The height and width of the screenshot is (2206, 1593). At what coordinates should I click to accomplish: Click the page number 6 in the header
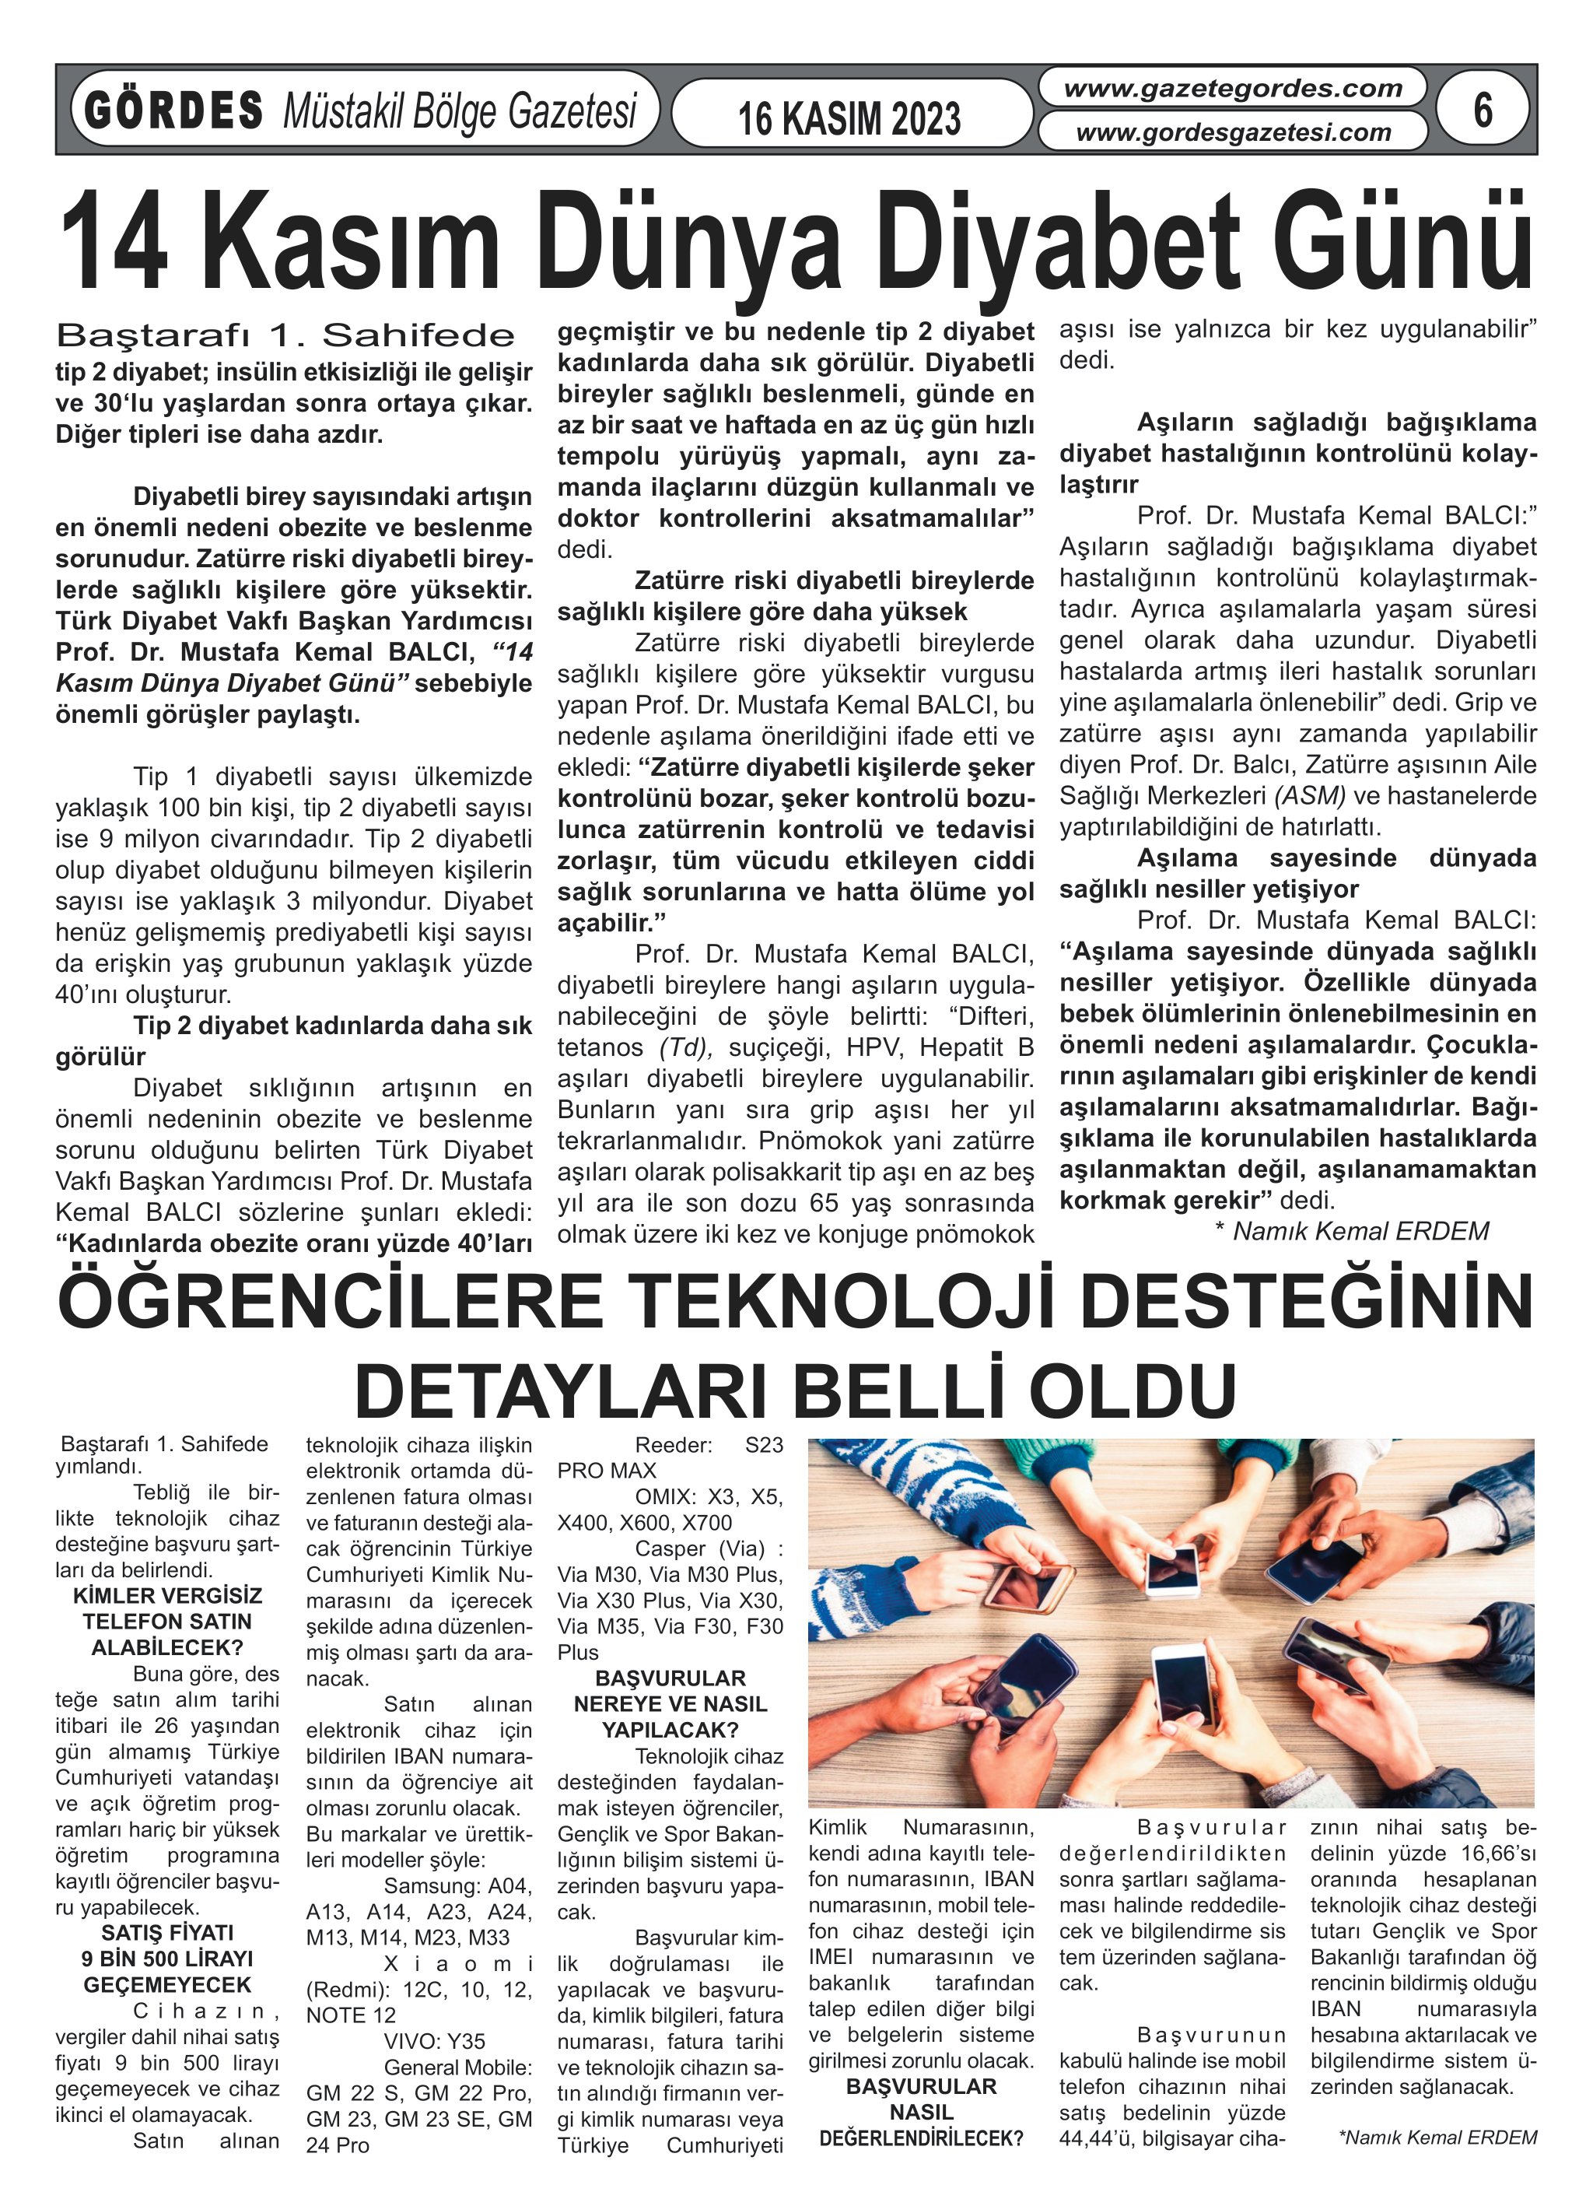coord(1481,109)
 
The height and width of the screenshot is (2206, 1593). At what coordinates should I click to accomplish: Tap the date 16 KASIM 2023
coord(849,118)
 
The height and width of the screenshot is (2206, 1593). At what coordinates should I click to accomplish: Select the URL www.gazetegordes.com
coord(1232,89)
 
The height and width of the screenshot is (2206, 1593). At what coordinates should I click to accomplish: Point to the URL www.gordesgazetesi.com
coord(1233,132)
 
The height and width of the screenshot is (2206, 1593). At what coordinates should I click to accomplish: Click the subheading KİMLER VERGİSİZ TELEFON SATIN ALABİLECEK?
coord(167,1622)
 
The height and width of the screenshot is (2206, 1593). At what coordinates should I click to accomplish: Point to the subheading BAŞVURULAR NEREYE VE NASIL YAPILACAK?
coord(670,1704)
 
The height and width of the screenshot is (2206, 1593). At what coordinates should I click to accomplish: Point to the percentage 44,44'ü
coord(1099,2139)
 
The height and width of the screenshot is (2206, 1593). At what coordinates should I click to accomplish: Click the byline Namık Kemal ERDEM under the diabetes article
coord(1360,1231)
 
